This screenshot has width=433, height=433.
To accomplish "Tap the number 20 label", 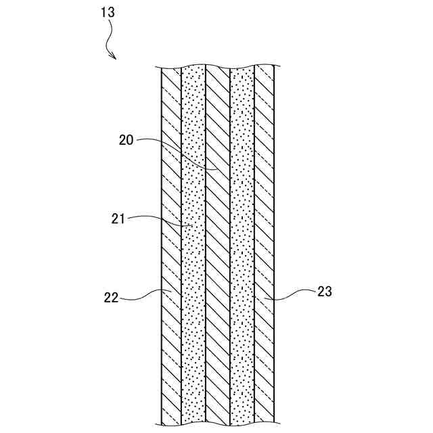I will coord(126,140).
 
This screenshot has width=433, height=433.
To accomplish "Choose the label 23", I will coord(325,292).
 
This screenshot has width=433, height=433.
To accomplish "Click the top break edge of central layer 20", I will coord(218,68).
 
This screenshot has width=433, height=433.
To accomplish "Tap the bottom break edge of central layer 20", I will coord(218,424).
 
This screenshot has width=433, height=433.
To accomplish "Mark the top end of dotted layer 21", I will coord(194,68).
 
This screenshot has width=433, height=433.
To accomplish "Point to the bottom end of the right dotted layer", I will coord(242,424).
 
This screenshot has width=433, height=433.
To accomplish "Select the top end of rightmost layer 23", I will coord(265,67).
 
